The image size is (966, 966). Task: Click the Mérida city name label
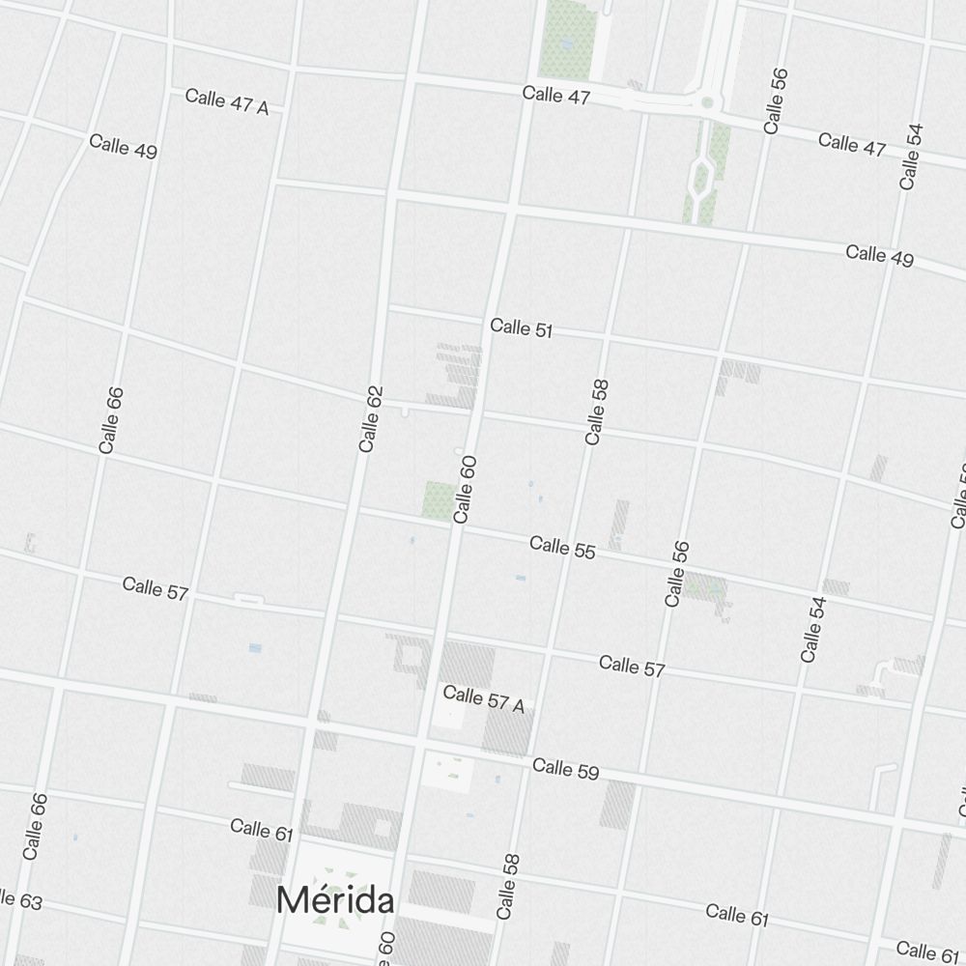[x=335, y=900]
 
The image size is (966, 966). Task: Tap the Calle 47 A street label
[x=227, y=101]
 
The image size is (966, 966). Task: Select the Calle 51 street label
[x=522, y=328]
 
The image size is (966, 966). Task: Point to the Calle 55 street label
[x=562, y=547]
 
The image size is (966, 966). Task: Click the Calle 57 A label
[x=483, y=699]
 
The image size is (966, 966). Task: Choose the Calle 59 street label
[x=565, y=769]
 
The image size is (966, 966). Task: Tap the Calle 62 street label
[x=370, y=419]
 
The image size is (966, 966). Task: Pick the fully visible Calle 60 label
[x=465, y=490]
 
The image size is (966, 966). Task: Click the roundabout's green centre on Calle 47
[x=707, y=101]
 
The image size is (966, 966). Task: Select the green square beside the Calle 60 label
[x=438, y=500]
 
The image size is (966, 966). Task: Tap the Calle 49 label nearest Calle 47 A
[x=123, y=146]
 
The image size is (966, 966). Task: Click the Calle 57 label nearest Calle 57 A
[x=632, y=666]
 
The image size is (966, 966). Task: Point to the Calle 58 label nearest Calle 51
[x=597, y=412]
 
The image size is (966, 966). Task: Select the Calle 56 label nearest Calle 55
[x=677, y=574]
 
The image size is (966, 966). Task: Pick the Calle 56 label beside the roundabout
[x=775, y=100]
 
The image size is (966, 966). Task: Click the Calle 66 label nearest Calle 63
[x=35, y=827]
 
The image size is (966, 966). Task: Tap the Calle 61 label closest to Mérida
[x=261, y=829]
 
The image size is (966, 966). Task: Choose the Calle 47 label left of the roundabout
[x=555, y=94]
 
